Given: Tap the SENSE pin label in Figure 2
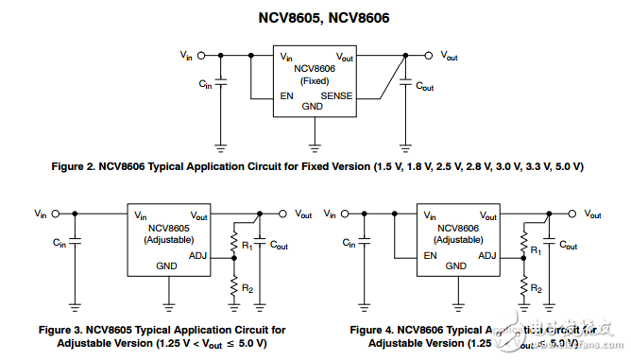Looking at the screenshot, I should (x=336, y=95).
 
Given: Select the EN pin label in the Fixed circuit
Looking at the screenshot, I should (x=286, y=95).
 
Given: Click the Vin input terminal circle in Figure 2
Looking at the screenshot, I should (x=198, y=56).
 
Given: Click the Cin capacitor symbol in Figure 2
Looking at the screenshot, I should (x=221, y=84).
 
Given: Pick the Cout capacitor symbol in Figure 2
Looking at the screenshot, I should (x=405, y=84).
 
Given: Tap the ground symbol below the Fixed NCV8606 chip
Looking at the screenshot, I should (x=313, y=146).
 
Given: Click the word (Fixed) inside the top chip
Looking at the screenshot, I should (x=314, y=81).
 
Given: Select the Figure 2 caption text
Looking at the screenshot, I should (x=317, y=166).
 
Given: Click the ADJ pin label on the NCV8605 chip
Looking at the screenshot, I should (x=197, y=254).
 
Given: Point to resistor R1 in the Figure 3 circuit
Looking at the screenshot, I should (x=233, y=244).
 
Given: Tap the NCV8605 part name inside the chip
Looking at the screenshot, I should (x=168, y=228).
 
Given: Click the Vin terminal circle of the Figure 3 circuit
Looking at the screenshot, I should (x=53, y=214).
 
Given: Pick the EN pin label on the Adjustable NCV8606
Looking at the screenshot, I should (x=431, y=254).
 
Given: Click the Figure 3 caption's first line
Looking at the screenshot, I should (x=161, y=330).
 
